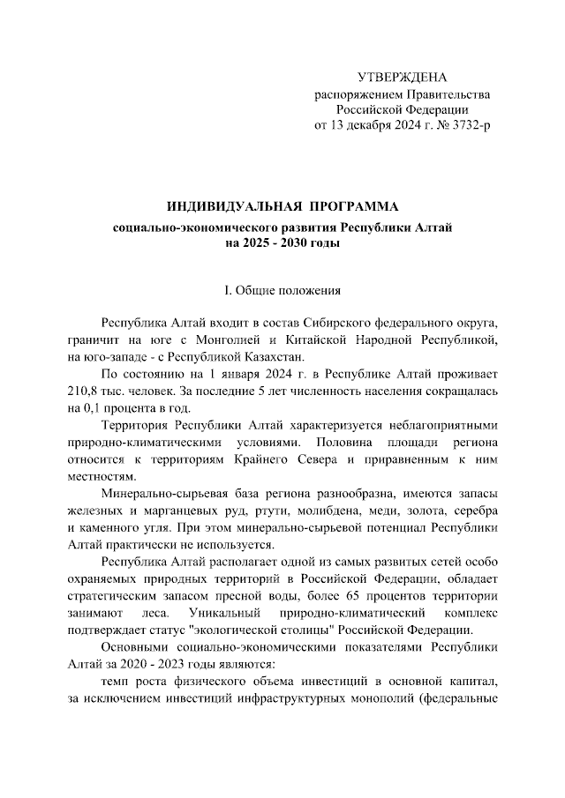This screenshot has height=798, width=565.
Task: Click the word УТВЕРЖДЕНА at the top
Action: (x=402, y=78)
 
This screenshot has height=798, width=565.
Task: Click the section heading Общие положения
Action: (x=290, y=290)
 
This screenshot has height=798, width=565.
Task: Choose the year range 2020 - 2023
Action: (x=152, y=661)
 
